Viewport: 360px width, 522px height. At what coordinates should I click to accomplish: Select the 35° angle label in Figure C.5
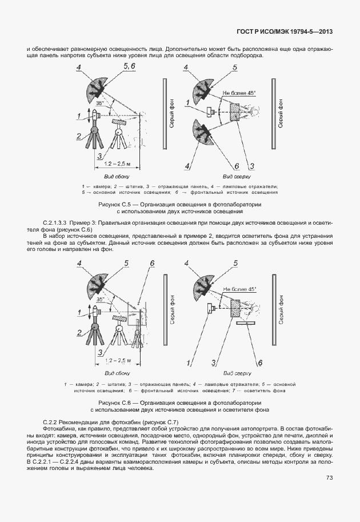tap(101, 103)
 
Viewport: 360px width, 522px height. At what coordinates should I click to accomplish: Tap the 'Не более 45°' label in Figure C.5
tap(240, 93)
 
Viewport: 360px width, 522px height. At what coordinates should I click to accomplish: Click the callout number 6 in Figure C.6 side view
tap(152, 263)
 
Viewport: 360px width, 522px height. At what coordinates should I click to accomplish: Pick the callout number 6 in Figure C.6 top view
tap(260, 362)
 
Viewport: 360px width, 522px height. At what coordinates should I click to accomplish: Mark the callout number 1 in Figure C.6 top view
tap(189, 362)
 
